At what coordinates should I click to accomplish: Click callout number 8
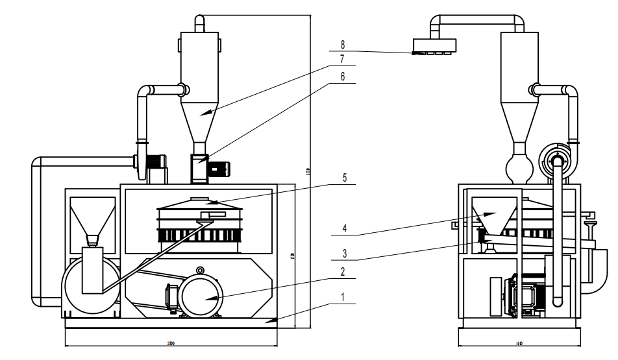pos(343,45)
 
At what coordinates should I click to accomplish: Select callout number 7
pos(343,58)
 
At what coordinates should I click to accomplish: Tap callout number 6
pos(343,76)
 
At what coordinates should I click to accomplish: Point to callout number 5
pos(345,177)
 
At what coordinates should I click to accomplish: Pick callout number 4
pos(345,227)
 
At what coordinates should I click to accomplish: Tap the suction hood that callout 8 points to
pos(434,46)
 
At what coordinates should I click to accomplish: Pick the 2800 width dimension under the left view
pos(171,343)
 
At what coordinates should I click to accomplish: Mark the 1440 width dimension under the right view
pos(519,343)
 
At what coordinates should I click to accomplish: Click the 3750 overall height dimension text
pos(308,172)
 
